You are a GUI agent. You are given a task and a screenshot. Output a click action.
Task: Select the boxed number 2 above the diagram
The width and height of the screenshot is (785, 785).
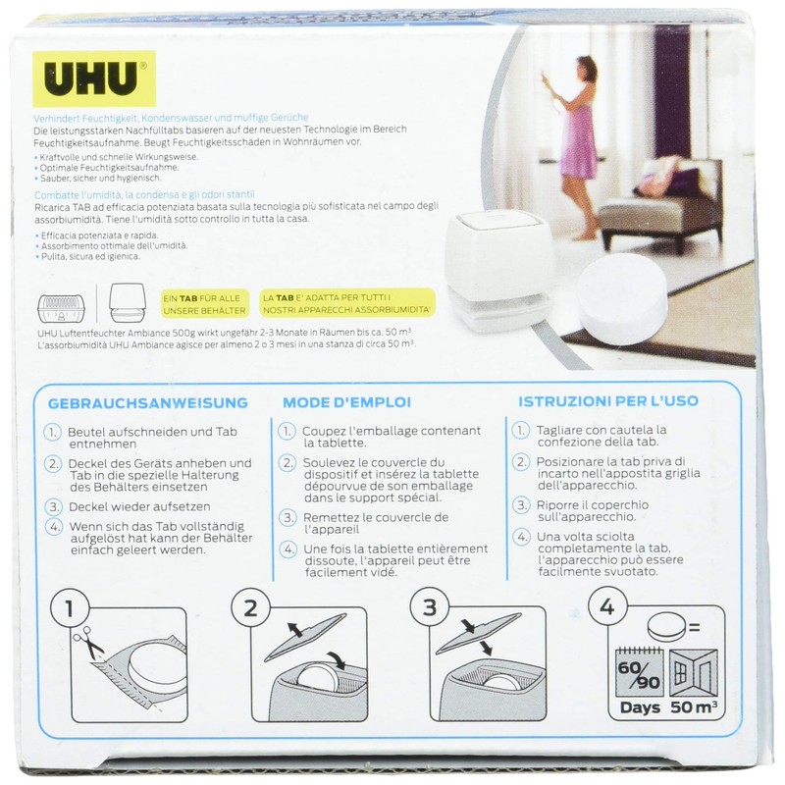point(250,609)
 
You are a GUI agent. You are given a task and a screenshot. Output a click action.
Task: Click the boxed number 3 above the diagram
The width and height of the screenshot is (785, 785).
point(427,609)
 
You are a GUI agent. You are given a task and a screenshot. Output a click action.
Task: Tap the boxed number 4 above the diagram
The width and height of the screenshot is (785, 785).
point(605,609)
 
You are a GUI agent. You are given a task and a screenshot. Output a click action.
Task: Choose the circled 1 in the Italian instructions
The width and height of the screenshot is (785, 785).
point(519,432)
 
